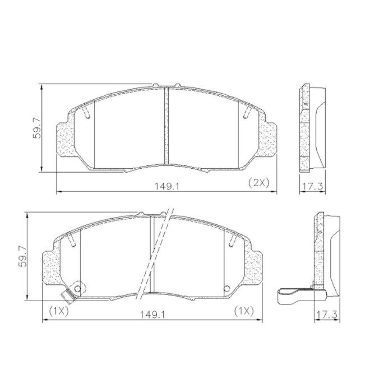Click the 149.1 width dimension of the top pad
click(x=167, y=187)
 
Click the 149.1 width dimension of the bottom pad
click(x=152, y=315)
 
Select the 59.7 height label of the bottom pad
click(x=23, y=256)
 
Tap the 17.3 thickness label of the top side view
click(x=312, y=187)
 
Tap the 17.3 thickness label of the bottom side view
click(x=327, y=315)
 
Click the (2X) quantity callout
click(x=258, y=183)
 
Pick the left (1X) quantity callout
click(x=59, y=311)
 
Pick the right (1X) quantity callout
click(x=244, y=311)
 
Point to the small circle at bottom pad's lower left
click(x=77, y=289)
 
